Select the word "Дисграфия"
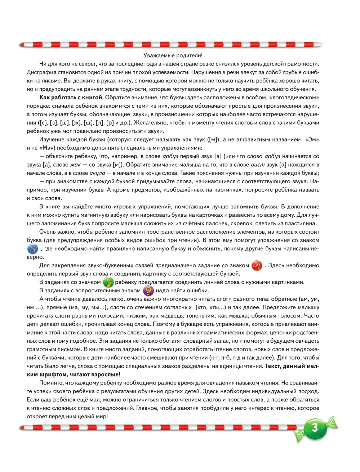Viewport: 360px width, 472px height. [41, 72]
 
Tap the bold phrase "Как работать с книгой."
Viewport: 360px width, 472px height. [71, 98]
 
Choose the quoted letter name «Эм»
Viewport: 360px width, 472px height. [312, 140]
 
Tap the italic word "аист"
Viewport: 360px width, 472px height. [258, 165]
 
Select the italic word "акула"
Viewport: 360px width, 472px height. [97, 173]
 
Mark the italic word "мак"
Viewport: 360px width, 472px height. [76, 165]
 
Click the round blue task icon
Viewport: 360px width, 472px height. [32, 249]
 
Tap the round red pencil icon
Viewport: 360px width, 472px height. [257, 266]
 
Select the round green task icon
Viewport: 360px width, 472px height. [108, 282]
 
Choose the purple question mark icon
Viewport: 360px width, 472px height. [148, 291]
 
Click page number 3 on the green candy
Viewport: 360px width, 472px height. [315, 428]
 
